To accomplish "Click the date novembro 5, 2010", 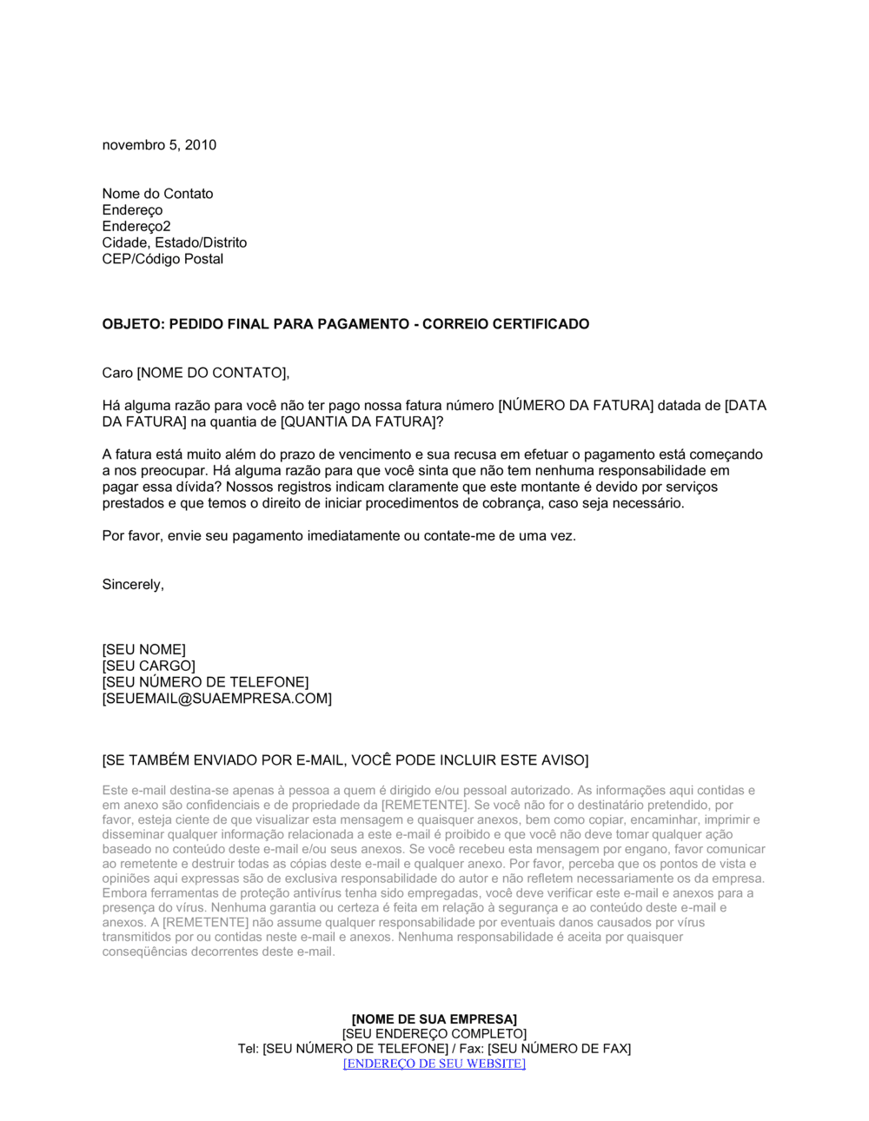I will point(159,145).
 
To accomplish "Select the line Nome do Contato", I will point(157,194).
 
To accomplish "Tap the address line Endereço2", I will point(136,227).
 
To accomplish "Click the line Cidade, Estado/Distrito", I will point(174,242).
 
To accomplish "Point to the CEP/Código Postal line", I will point(163,259).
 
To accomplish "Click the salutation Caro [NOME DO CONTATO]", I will point(195,373).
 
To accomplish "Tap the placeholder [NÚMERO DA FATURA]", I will point(575,406).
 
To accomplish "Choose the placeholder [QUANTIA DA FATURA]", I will point(356,422).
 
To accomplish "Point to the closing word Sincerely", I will point(132,585).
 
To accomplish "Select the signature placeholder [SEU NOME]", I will point(143,650).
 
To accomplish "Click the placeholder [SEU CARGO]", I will point(149,666).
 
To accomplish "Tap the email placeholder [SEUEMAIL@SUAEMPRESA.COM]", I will point(216,699).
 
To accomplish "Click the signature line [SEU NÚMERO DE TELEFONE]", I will point(205,682).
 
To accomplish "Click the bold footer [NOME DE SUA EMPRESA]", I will point(434,1019).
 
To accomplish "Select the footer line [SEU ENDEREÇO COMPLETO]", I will point(434,1034).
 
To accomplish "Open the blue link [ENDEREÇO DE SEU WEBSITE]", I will point(434,1064).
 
